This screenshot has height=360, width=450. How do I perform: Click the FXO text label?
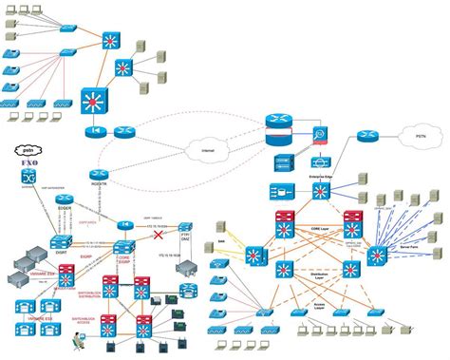[27, 164]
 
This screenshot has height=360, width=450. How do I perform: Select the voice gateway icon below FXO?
[27, 180]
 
